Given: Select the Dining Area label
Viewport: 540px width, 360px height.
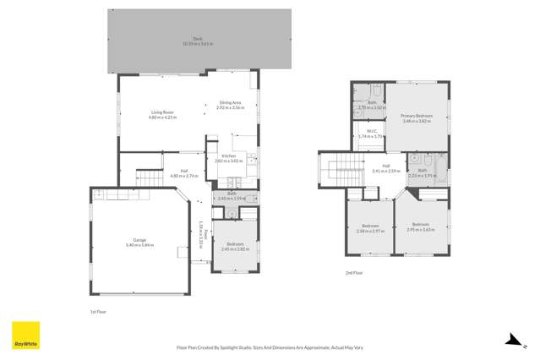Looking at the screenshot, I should tap(230, 105).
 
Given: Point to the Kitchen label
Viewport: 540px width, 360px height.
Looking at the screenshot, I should tap(229, 158).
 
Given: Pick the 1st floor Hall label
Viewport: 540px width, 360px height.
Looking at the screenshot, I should tap(183, 173).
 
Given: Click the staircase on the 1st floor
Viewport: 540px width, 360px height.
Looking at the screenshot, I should tap(150, 178).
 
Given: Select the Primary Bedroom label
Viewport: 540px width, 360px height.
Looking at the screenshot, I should tap(417, 118).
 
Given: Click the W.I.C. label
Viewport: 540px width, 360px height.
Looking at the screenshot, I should tap(370, 134).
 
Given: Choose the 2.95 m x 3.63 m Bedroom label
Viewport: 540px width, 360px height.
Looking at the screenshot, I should tap(420, 227).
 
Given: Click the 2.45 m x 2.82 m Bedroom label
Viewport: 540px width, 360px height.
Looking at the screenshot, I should tap(231, 247).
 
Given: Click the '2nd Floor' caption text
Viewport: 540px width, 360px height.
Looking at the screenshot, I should tap(354, 273).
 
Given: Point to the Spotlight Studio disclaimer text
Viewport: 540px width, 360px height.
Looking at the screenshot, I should tap(270, 346).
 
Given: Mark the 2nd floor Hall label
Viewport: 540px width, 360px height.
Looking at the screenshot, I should tap(385, 168).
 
